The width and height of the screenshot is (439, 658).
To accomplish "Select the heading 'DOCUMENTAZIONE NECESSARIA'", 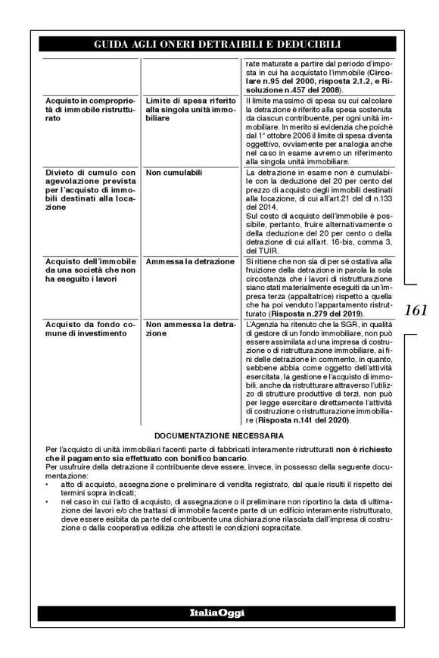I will point(218,436).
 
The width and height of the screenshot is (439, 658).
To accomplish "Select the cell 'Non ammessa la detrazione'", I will point(190,329).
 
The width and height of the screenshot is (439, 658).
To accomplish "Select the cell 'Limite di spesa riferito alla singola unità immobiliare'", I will point(191,110).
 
